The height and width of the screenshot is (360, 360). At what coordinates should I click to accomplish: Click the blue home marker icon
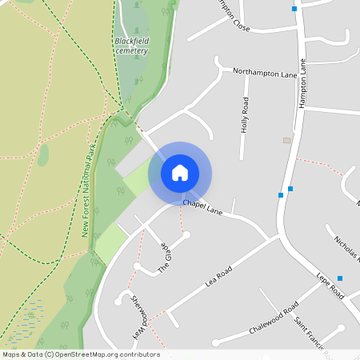(x=180, y=172)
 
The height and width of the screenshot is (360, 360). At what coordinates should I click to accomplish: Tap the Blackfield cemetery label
(x=131, y=45)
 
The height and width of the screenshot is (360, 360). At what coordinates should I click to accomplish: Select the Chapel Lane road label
(x=202, y=206)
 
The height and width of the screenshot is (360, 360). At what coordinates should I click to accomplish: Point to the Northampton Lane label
(x=265, y=73)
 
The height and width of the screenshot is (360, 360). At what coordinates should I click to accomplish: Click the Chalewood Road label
(x=274, y=318)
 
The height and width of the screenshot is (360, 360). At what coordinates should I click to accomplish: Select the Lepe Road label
(x=330, y=282)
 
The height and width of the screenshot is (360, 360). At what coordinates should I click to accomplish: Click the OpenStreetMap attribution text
(x=81, y=354)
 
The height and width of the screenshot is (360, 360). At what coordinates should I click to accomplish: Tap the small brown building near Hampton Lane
(x=286, y=140)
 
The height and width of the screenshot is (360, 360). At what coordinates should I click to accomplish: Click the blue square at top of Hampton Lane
(x=294, y=9)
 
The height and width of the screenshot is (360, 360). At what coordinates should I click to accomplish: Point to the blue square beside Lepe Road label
(x=340, y=278)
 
